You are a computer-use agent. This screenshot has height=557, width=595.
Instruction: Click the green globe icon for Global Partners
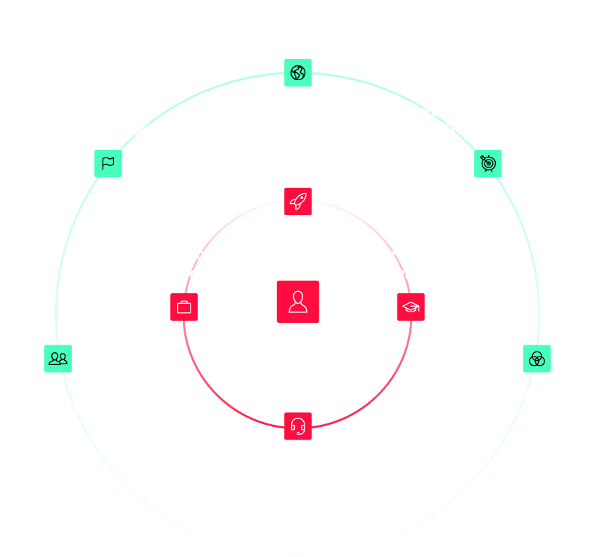point(298,73)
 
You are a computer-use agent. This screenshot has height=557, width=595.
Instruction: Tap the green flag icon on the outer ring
point(108,163)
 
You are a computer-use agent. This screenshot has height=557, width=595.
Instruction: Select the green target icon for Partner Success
point(488,163)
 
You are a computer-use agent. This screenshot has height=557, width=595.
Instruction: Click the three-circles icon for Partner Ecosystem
point(537,359)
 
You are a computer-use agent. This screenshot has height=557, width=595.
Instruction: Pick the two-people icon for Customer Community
point(58,359)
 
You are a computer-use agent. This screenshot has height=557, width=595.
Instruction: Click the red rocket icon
point(298,201)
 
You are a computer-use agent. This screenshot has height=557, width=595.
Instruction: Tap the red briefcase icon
point(184,307)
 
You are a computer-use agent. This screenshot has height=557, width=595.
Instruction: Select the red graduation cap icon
point(411,307)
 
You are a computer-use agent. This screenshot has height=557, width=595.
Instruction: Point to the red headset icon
point(298,426)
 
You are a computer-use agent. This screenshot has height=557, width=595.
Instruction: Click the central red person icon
point(297,302)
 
